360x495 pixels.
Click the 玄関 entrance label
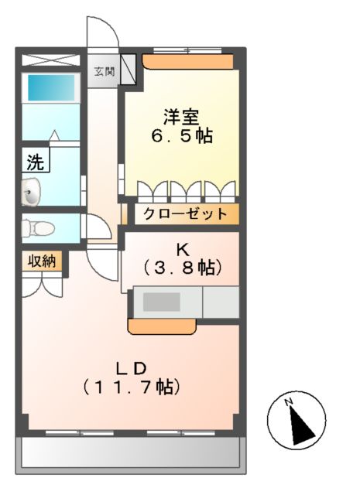tap(105, 73)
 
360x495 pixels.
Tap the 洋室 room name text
tap(181, 118)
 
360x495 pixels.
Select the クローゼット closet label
tap(185, 214)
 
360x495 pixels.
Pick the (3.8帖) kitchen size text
tap(183, 268)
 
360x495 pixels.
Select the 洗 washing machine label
tap(36, 162)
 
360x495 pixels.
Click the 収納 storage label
tap(37, 261)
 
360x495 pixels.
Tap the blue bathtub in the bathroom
tap(51, 87)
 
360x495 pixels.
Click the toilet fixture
tap(37, 228)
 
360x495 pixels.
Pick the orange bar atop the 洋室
tap(188, 60)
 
